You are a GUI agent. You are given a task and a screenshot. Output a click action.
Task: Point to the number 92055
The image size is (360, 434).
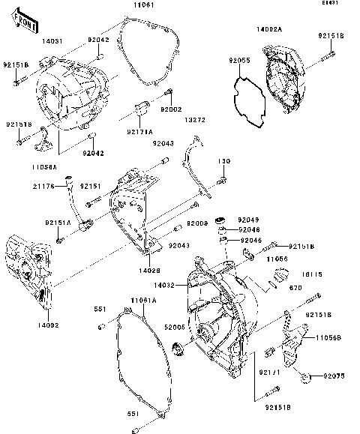(240, 58)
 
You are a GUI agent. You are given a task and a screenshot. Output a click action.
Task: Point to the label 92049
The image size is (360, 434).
(247, 219)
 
